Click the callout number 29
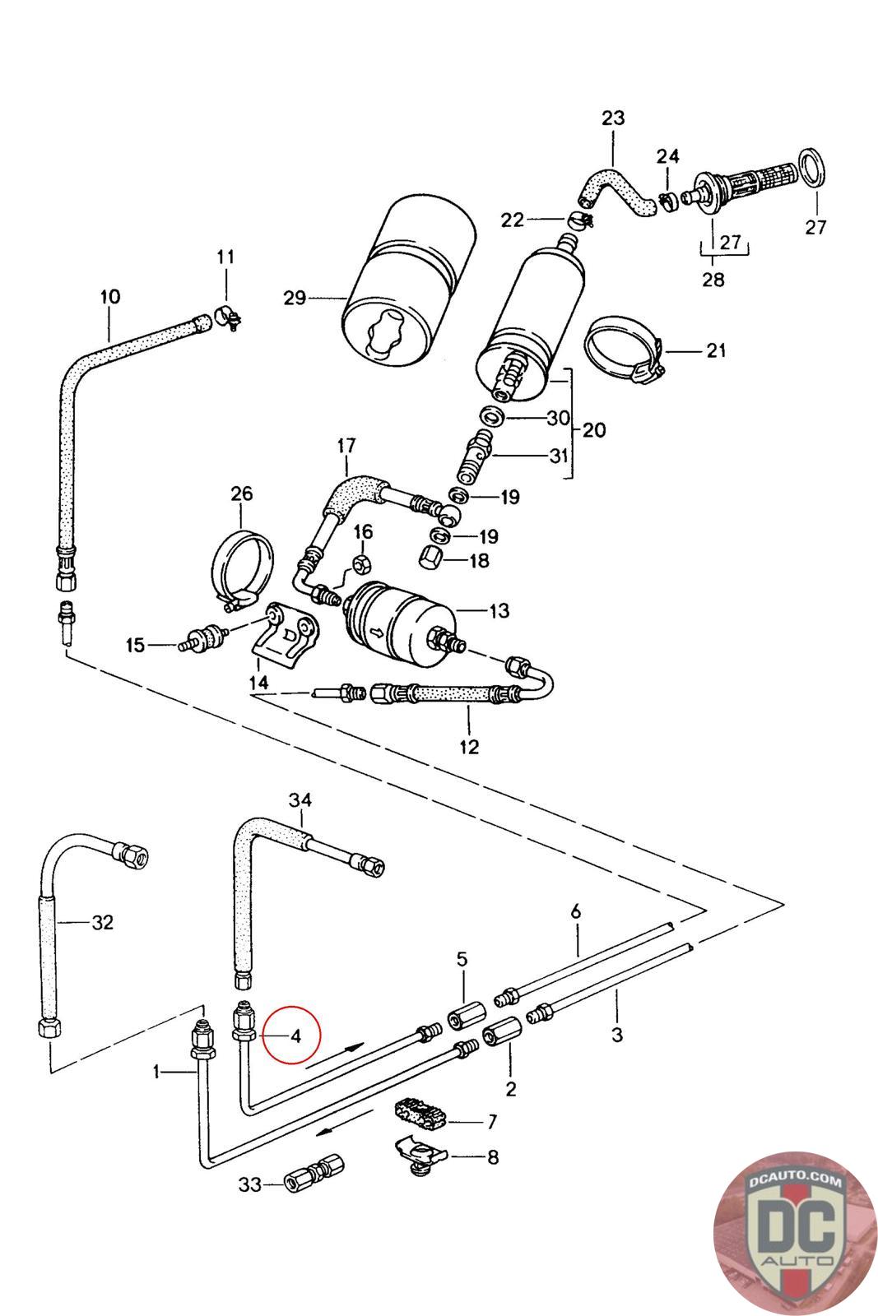pyautogui.click(x=295, y=298)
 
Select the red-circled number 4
pyautogui.click(x=295, y=1035)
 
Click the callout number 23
pyautogui.click(x=613, y=118)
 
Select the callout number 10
pyautogui.click(x=109, y=296)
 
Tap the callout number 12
pyautogui.click(x=469, y=747)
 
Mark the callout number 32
pyautogui.click(x=102, y=922)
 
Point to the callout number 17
pyautogui.click(x=346, y=446)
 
